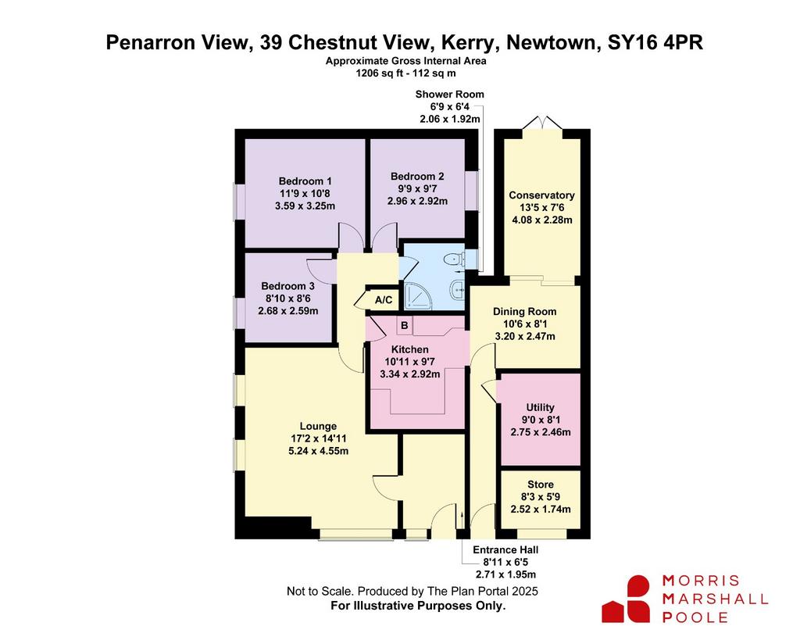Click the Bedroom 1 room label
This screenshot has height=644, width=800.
click(x=305, y=181)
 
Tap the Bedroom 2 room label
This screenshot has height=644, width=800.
click(x=417, y=177)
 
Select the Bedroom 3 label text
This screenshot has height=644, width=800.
click(x=287, y=286)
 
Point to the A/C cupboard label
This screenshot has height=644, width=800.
click(x=384, y=300)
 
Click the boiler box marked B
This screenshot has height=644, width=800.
click(x=405, y=325)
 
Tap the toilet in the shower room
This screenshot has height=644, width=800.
click(x=453, y=259)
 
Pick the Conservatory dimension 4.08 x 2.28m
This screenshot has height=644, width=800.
click(x=542, y=220)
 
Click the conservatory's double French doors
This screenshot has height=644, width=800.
click(x=543, y=124)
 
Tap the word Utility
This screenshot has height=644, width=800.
click(x=541, y=407)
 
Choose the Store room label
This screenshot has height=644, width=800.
click(x=541, y=485)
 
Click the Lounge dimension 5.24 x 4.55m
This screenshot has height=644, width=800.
click(x=319, y=451)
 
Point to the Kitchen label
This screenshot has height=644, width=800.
click(x=409, y=349)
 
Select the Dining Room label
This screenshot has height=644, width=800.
click(x=524, y=312)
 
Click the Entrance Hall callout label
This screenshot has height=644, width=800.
click(x=505, y=550)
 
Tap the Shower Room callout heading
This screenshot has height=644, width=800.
click(x=449, y=95)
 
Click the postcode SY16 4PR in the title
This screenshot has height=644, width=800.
click(x=655, y=42)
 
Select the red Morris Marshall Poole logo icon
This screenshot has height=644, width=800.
click(x=626, y=599)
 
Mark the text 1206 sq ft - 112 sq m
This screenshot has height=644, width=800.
click(x=405, y=73)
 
